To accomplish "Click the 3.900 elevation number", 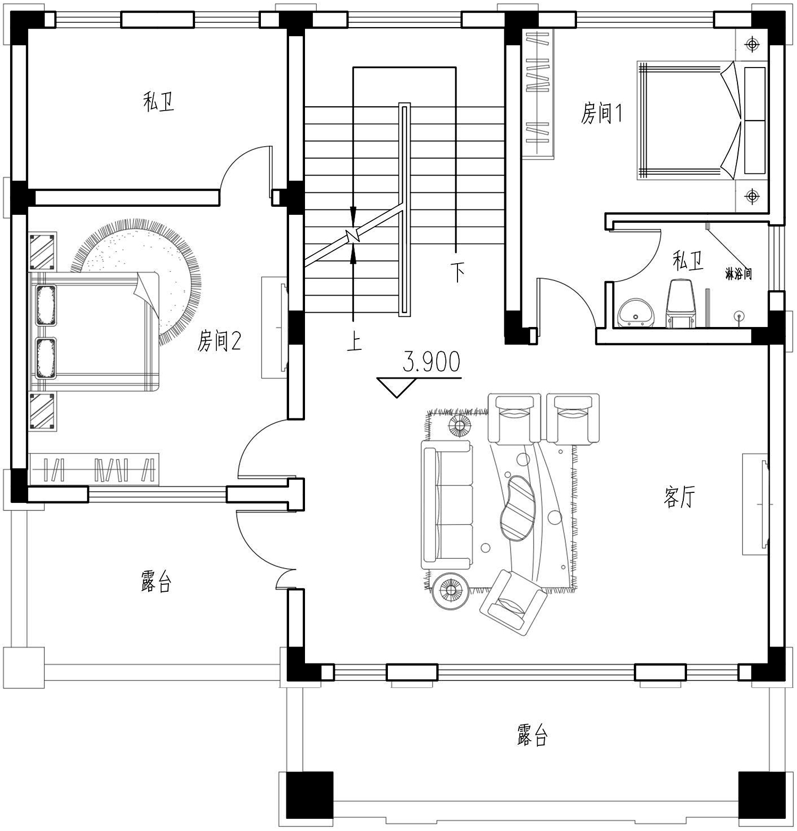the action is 431,362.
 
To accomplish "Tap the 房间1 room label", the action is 601,114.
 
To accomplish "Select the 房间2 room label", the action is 219,340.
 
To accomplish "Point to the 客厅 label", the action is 680,498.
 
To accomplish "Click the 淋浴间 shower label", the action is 739,274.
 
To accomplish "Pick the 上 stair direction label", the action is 354,340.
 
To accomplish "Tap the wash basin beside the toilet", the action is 635,313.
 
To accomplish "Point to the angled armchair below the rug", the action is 513,601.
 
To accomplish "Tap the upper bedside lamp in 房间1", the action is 752,45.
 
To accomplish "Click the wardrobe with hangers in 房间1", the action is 538,93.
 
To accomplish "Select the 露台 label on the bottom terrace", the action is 532,735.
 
